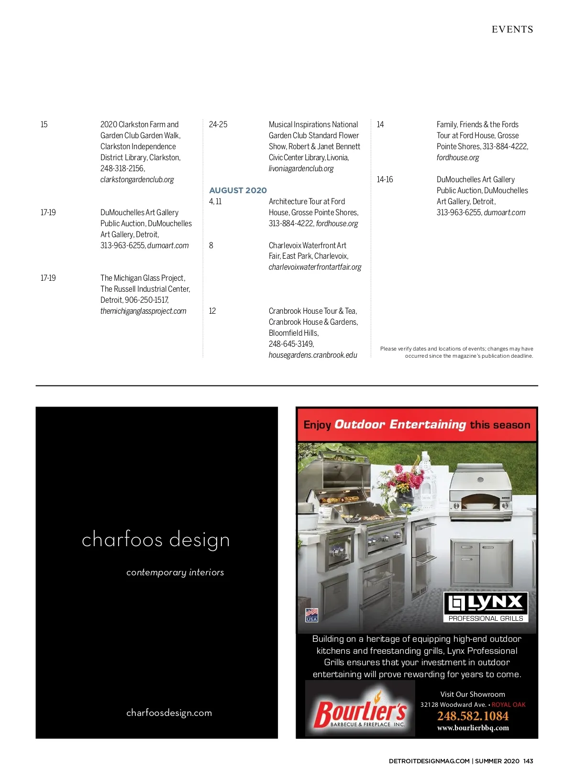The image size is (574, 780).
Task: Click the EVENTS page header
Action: point(512,30)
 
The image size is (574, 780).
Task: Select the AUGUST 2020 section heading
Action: point(238,190)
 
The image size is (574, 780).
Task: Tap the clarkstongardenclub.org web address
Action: point(137,180)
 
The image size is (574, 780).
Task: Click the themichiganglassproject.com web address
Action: point(143,311)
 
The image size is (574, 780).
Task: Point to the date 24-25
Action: point(218,125)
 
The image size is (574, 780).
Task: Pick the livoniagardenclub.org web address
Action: point(301,169)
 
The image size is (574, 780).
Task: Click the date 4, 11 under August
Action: point(215,202)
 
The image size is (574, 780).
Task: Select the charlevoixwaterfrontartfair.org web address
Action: point(315,267)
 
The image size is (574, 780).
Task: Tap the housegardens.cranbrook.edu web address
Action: point(313,355)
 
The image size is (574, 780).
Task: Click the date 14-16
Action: point(385,180)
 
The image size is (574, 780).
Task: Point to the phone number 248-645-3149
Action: point(291,344)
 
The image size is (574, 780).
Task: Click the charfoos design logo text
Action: point(155,540)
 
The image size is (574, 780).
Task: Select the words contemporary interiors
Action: point(175,572)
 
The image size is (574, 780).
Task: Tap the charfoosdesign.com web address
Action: point(169,713)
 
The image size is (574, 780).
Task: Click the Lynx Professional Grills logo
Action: point(486,607)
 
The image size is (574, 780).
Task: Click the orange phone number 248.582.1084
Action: point(473,716)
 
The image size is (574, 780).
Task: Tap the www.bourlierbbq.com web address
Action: point(473,728)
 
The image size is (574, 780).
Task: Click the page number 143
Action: point(528,761)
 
